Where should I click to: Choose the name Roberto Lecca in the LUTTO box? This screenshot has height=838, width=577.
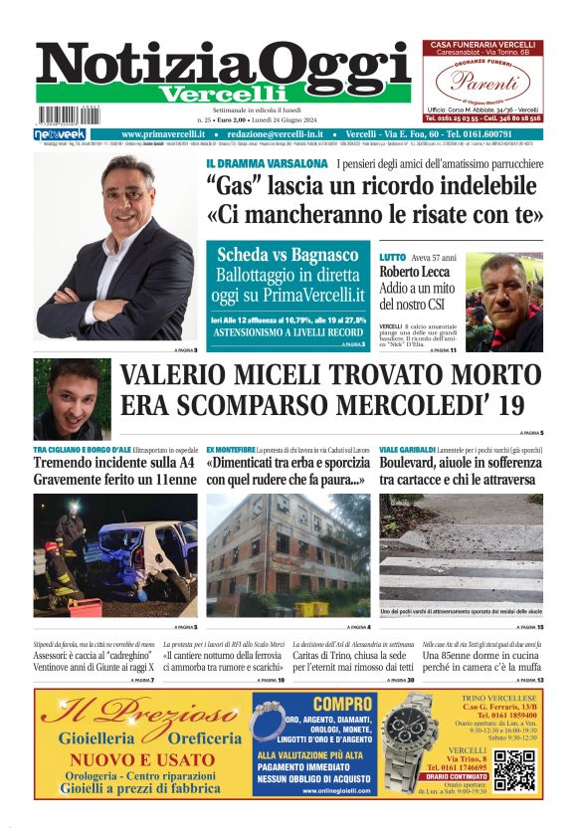(414, 272)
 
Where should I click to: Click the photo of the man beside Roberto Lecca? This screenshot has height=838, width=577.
(503, 299)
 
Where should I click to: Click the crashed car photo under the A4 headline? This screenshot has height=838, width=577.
(115, 554)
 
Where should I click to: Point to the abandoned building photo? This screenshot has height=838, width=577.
(288, 554)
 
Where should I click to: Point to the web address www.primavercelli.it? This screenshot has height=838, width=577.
(163, 134)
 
